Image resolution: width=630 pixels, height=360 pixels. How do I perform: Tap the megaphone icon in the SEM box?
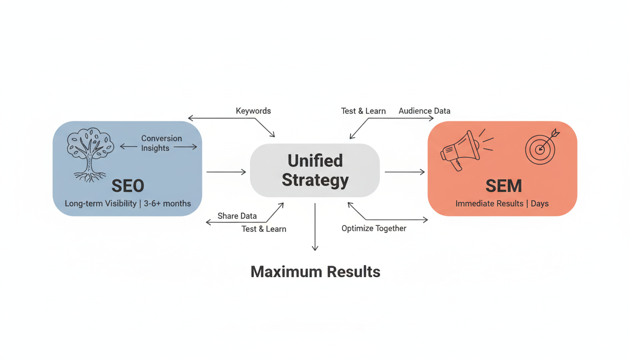tap(460, 150)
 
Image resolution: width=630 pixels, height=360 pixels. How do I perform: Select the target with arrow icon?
tap(541, 147)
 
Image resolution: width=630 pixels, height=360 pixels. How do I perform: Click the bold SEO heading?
tap(127, 186)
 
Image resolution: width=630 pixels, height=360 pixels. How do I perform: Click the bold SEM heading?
tap(503, 186)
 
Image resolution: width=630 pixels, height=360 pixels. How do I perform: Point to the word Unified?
tap(315, 161)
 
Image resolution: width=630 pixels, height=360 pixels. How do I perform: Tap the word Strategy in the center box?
tap(315, 180)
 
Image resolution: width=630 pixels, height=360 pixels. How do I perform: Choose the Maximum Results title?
tap(315, 271)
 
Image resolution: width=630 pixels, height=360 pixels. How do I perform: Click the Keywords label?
tap(253, 111)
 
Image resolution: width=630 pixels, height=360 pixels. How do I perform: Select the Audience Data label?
tap(424, 111)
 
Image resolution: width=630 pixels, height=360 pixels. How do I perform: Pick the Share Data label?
tap(237, 216)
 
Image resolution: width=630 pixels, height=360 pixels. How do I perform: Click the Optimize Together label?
tap(374, 228)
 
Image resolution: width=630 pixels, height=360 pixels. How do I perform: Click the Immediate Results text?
tap(489, 203)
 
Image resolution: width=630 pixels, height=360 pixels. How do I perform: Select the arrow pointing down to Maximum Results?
tap(315, 227)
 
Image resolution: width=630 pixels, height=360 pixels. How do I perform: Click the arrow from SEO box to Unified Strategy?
tap(226, 172)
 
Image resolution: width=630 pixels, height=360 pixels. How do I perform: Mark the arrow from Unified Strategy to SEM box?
tap(405, 172)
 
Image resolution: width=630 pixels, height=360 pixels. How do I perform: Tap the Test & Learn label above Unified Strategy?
tap(363, 111)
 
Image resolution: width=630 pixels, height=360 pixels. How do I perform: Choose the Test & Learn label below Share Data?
tap(264, 229)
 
